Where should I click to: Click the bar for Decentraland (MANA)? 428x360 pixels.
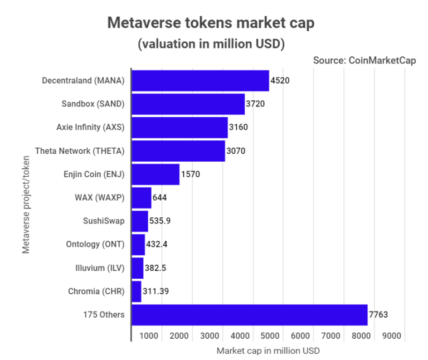pos(200,81)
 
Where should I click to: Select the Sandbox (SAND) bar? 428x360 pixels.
pos(188,104)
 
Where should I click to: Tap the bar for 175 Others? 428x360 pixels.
pos(249,315)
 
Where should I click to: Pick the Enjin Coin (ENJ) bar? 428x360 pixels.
pos(155,174)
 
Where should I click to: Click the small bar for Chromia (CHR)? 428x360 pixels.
pos(137,291)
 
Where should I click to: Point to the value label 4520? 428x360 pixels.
pos(280,81)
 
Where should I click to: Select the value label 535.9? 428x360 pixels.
pos(160,221)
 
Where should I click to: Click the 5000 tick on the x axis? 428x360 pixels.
pos(270,336)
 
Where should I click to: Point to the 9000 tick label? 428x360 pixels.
pos(391,336)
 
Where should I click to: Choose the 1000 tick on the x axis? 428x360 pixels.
pos(148,336)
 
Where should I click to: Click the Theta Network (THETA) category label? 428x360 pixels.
pos(79,151)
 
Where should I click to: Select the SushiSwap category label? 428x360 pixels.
pos(103,221)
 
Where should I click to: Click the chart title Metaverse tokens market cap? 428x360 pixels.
pos(211,23)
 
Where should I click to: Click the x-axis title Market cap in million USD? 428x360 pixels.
pos(268,351)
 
